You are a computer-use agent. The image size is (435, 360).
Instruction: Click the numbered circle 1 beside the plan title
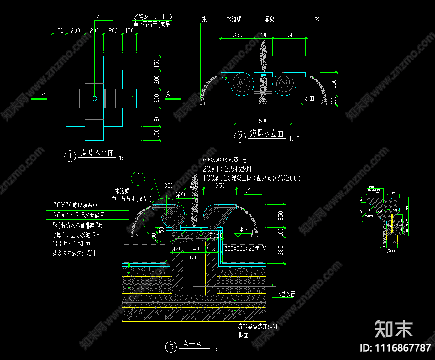point(70,156)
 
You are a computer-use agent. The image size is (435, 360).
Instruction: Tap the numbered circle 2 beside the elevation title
point(240,137)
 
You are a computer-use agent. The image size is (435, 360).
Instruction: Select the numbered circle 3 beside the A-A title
point(171,347)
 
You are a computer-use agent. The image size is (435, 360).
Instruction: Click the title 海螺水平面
point(97,153)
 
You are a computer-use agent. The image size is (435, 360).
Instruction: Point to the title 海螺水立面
point(267,133)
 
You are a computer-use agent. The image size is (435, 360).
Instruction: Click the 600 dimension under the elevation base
point(263,121)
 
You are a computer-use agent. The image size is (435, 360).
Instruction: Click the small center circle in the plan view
point(94,98)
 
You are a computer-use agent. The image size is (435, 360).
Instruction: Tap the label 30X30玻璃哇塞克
point(75,206)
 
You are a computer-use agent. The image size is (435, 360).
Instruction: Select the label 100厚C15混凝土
point(74,243)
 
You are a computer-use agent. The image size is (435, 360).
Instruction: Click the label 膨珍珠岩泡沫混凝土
point(74,253)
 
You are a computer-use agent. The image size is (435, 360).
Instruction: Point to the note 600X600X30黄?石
point(225,160)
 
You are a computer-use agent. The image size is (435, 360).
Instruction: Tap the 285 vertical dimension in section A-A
point(280,250)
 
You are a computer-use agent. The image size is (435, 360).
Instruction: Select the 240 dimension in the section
point(194,249)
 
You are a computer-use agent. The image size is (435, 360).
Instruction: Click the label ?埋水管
point(286,294)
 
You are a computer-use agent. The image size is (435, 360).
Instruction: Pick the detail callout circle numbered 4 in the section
point(138,179)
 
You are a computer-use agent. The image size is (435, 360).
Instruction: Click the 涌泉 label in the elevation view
point(270,19)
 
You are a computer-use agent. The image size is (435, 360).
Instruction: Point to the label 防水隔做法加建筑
point(258,326)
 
